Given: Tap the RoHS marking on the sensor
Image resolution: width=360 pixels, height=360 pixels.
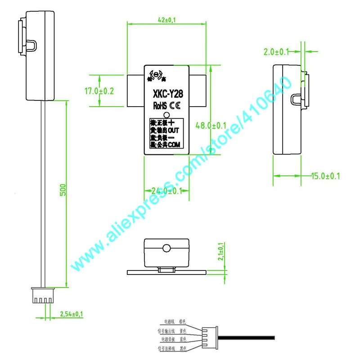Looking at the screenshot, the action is [x=161, y=106].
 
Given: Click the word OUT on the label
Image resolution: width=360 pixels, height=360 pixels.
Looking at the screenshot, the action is [x=174, y=130].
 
